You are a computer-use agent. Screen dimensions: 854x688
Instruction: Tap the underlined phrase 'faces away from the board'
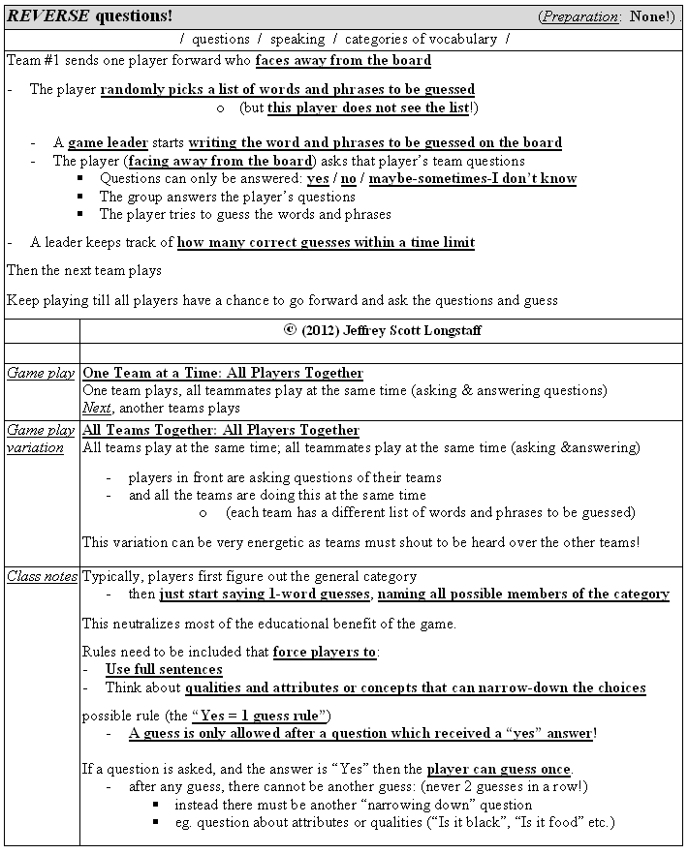click(343, 60)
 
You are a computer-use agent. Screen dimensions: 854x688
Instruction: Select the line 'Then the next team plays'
click(84, 270)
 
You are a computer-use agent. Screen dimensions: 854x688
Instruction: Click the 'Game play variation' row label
click(41, 439)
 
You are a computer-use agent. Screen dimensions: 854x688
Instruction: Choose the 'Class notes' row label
click(42, 576)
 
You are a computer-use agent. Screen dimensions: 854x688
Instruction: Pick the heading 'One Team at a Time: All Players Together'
click(223, 373)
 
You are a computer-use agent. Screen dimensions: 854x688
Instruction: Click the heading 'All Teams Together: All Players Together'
click(221, 430)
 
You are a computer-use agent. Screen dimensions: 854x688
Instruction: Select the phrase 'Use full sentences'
click(164, 669)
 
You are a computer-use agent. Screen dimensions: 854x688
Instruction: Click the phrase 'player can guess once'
click(499, 770)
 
